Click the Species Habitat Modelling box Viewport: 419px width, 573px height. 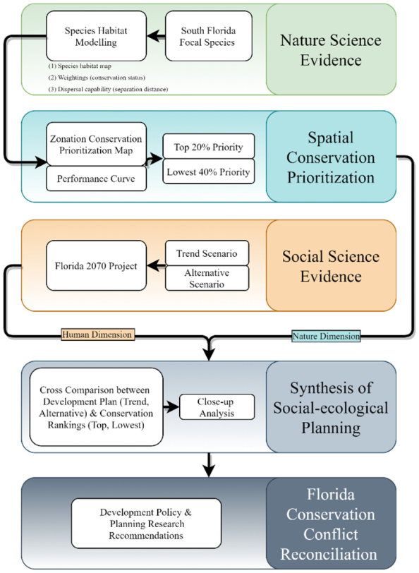[x=96, y=36]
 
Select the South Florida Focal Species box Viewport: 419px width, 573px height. [x=209, y=36]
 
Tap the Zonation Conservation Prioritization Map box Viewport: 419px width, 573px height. [x=96, y=145]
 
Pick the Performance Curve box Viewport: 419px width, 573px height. [x=96, y=179]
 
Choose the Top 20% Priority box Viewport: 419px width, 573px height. [x=209, y=146]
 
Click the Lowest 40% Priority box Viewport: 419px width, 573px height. [x=209, y=171]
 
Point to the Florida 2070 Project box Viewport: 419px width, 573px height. [x=96, y=265]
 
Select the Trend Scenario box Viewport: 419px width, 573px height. [x=207, y=253]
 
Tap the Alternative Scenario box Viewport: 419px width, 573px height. [x=207, y=278]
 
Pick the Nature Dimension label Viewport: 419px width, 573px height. [x=326, y=336]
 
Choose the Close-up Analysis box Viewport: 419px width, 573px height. [x=217, y=406]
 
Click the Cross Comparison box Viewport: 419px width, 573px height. [x=96, y=406]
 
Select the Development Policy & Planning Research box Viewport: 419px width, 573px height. [x=146, y=524]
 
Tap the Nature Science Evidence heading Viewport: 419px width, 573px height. [x=331, y=49]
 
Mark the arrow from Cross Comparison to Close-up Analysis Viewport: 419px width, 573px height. [x=171, y=406]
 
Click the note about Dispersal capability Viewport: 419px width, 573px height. [x=108, y=89]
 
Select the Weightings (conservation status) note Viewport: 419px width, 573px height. [x=97, y=78]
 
